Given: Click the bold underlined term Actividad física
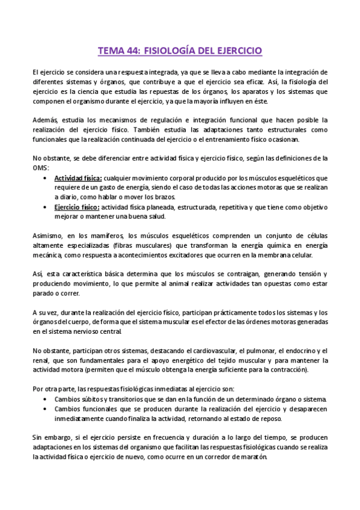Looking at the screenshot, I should pyautogui.click(x=78, y=179).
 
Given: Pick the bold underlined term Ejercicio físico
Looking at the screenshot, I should pyautogui.click(x=77, y=207).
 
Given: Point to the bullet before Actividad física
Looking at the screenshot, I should pyautogui.click(x=47, y=179).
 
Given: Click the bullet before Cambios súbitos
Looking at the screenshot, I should pyautogui.click(x=47, y=399).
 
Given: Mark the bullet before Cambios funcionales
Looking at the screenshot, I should pyautogui.click(x=47, y=409).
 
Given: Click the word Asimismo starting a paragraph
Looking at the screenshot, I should pyautogui.click(x=47, y=235).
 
